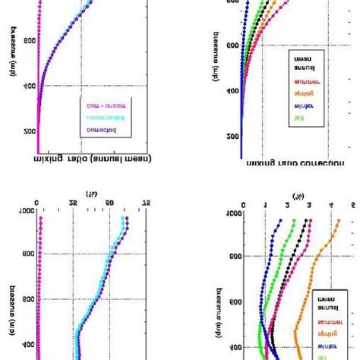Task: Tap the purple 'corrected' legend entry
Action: tap(101, 131)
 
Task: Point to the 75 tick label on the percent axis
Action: tap(148, 204)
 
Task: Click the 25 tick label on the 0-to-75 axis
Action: tap(74, 204)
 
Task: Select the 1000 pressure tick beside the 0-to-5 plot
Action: tap(234, 213)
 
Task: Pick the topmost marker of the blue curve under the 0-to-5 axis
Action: tap(282, 221)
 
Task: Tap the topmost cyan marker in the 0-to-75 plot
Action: tap(122, 221)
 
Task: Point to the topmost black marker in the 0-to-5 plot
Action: tap(307, 221)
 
